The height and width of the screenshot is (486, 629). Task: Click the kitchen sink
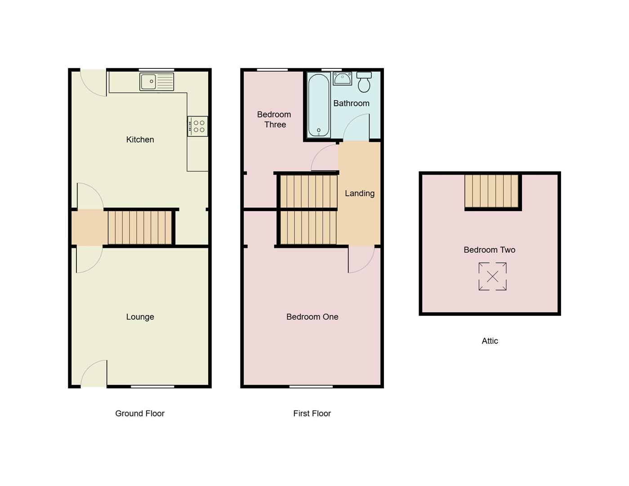[156, 82]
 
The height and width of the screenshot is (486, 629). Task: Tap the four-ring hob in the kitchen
[198, 126]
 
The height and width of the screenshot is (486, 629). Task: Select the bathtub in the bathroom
[319, 105]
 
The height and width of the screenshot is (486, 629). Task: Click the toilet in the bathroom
[364, 82]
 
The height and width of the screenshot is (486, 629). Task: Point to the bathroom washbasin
[343, 79]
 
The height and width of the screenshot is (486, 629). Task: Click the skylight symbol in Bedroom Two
[492, 276]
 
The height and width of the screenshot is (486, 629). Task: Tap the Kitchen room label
[140, 139]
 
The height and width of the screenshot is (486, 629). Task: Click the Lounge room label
[140, 317]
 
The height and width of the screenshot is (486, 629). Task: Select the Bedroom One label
[312, 317]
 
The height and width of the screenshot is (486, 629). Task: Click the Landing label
[359, 193]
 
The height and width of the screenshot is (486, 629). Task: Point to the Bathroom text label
[351, 103]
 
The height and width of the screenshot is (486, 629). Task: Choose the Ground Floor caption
[140, 413]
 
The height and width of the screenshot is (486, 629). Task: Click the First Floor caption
[312, 413]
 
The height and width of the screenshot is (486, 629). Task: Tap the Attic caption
[490, 341]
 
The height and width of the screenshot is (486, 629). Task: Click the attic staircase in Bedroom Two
[492, 191]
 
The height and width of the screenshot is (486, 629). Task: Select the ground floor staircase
[140, 227]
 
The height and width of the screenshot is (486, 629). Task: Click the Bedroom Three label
[274, 119]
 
